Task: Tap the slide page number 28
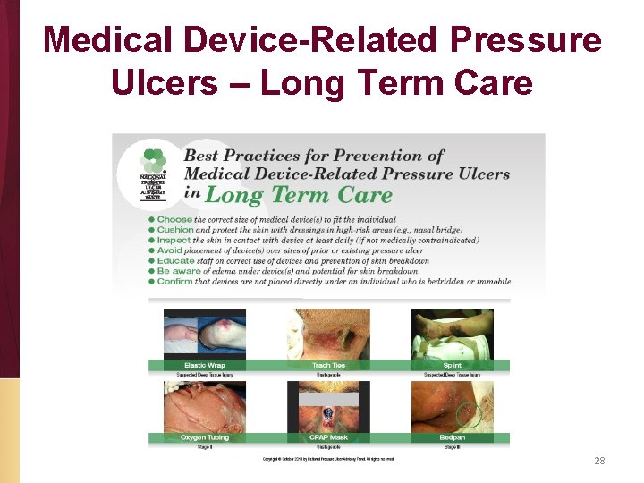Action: [x=599, y=461]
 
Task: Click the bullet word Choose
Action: [x=175, y=219]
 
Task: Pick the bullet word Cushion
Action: [x=176, y=229]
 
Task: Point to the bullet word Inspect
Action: [x=174, y=240]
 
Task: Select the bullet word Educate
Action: [x=176, y=260]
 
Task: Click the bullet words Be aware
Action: [x=179, y=271]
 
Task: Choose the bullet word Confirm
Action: [x=175, y=281]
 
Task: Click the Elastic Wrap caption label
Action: [x=204, y=365]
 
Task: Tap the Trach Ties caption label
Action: [x=328, y=365]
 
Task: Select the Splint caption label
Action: [x=452, y=365]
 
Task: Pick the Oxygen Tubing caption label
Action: [x=204, y=437]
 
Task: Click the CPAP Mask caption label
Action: [x=328, y=437]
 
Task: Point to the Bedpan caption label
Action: [x=452, y=437]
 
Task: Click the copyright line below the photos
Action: [x=328, y=459]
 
